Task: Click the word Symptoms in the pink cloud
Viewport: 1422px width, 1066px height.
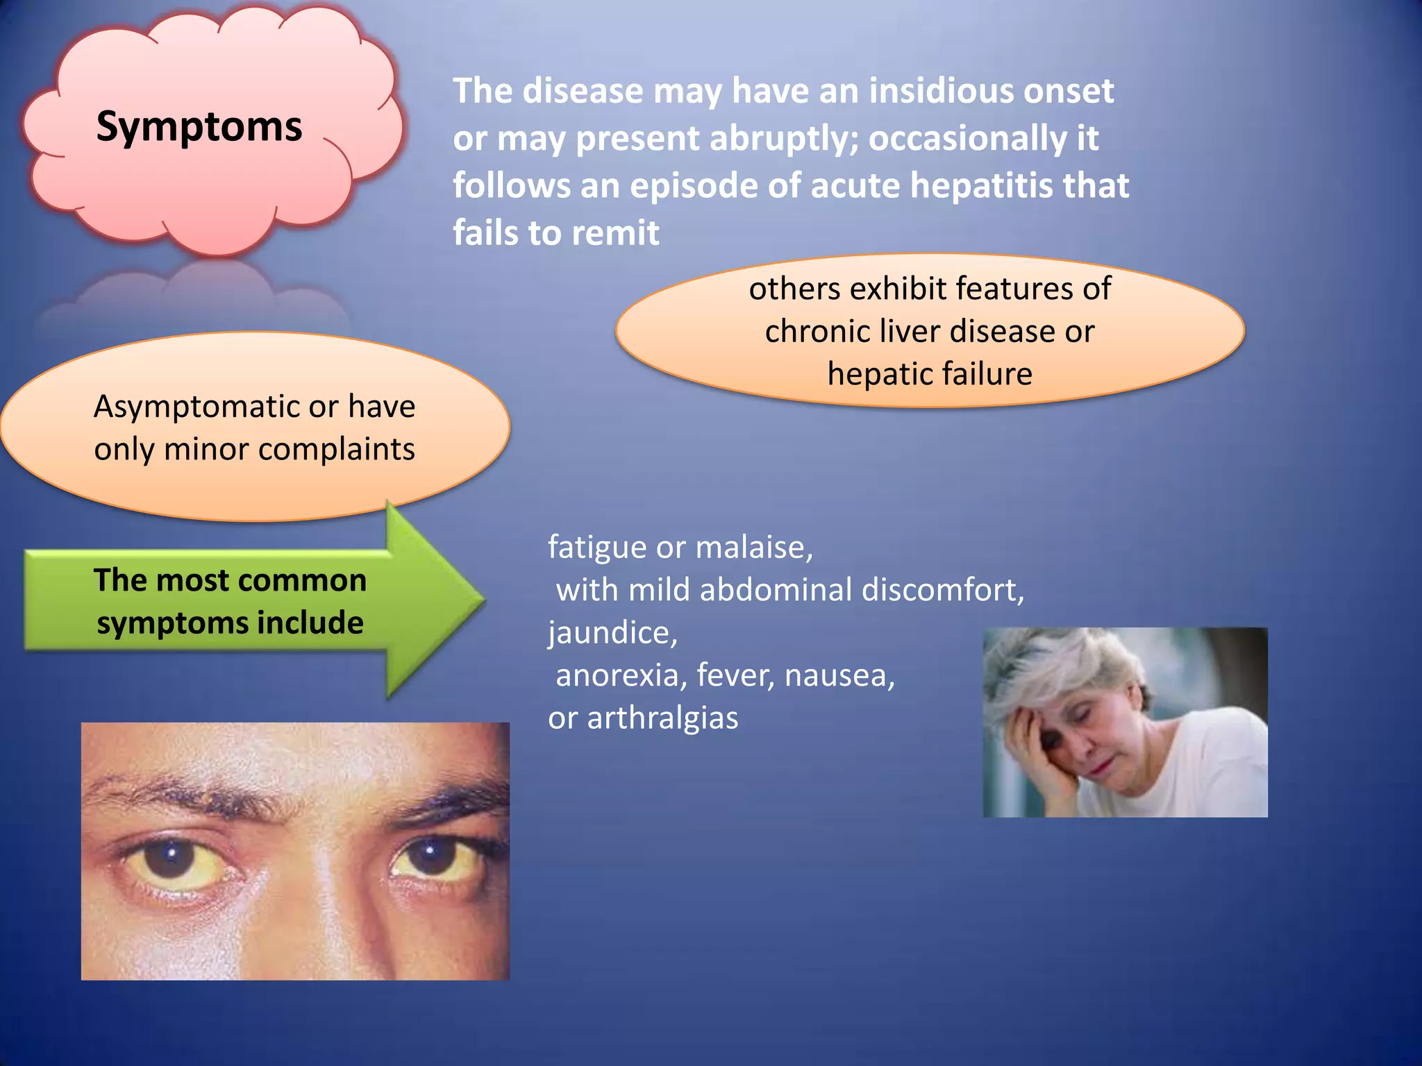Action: pyautogui.click(x=199, y=126)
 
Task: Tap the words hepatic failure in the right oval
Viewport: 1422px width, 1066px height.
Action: pyautogui.click(x=929, y=374)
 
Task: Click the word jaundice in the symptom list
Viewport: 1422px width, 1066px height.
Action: pyautogui.click(x=611, y=632)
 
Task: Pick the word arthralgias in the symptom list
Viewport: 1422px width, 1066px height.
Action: pyautogui.click(x=662, y=718)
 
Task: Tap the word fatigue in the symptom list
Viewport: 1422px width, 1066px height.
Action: pyautogui.click(x=596, y=547)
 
